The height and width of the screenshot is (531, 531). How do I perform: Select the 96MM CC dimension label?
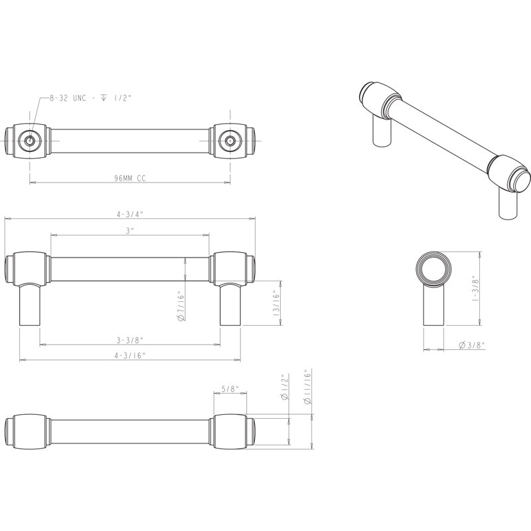[130, 179]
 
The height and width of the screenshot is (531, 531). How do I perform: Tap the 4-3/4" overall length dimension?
[130, 214]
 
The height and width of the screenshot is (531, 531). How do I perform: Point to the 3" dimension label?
[130, 230]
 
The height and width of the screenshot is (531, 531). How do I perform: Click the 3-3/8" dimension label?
[130, 340]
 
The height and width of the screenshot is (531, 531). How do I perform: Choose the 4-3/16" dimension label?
[130, 355]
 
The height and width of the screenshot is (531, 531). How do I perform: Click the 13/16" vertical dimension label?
[276, 303]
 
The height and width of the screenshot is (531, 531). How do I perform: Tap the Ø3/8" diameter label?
[472, 345]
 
